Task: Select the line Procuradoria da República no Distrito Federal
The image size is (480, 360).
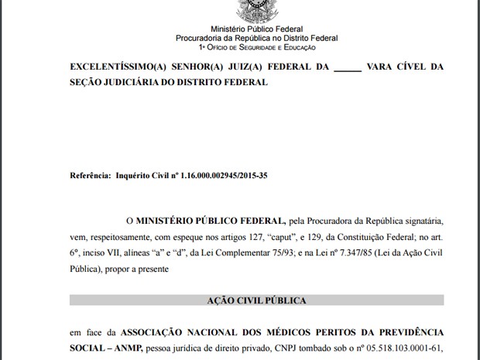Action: pyautogui.click(x=256, y=38)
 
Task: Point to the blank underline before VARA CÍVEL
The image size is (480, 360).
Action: pyautogui.click(x=348, y=68)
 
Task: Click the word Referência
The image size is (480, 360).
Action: pyautogui.click(x=90, y=176)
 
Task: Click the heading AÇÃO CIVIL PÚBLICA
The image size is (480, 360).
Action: pyautogui.click(x=256, y=300)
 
